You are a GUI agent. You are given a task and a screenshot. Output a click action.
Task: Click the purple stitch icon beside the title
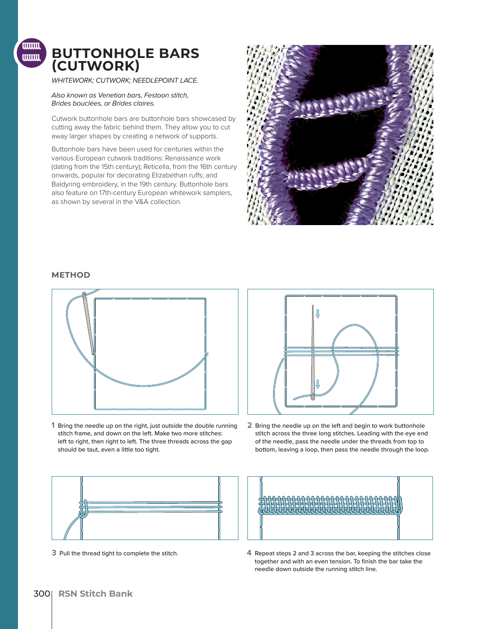(31, 53)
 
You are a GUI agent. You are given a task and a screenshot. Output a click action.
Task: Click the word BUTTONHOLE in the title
(103, 53)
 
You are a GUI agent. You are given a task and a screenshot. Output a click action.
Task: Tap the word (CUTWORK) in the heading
(95, 66)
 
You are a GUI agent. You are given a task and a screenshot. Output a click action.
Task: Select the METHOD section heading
(71, 275)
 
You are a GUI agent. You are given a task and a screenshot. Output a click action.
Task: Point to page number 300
(42, 594)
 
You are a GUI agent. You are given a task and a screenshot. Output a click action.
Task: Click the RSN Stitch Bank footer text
(95, 594)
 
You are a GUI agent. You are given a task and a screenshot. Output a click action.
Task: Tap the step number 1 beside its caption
(53, 425)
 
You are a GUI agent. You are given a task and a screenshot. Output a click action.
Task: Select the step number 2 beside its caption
(250, 425)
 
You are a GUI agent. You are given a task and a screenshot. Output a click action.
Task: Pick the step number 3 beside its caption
(54, 553)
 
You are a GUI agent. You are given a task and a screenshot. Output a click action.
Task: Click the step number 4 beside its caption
(249, 553)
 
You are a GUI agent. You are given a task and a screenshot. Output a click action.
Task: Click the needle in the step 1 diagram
(88, 323)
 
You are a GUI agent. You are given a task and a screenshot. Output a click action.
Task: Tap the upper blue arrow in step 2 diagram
(318, 314)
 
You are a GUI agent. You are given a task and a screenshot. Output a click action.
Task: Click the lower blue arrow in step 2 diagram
(318, 384)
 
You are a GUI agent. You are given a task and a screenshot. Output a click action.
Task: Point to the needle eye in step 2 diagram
(313, 397)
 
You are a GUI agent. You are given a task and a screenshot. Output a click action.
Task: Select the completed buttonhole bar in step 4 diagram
(330, 505)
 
